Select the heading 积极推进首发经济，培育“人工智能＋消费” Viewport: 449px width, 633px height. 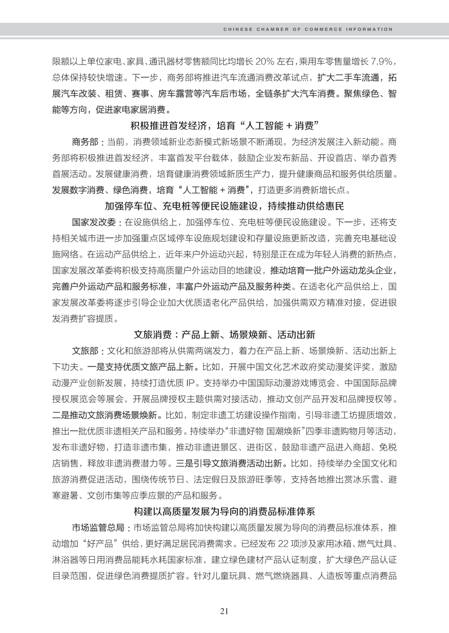point(224,126)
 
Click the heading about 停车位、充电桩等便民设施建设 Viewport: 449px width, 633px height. point(224,206)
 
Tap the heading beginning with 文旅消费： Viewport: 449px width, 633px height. point(224,335)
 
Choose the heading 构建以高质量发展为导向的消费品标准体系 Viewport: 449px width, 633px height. point(224,511)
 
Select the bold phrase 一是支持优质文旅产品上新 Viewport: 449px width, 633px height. point(140,367)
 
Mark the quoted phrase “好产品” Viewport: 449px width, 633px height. point(98,544)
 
